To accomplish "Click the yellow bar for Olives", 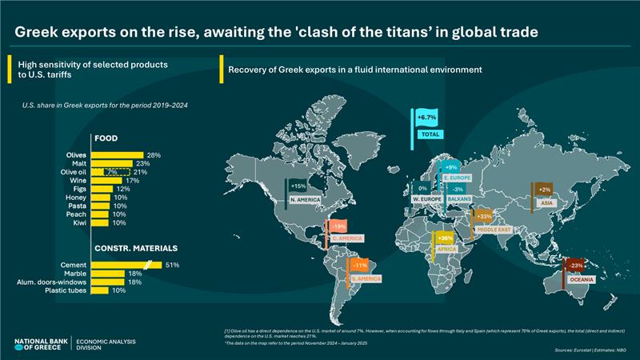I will click(x=118, y=154).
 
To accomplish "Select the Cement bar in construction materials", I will click(x=126, y=265).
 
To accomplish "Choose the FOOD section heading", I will click(x=106, y=138).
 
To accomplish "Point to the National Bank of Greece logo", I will click(x=40, y=344).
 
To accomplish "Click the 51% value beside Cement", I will click(x=172, y=265).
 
